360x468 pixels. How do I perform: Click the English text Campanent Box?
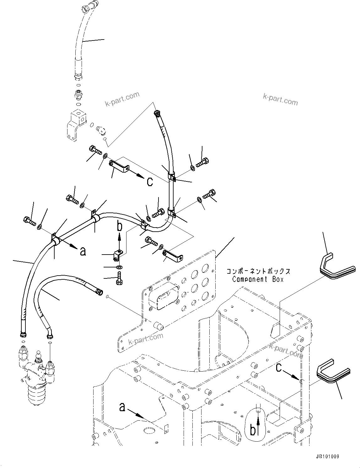[258, 279]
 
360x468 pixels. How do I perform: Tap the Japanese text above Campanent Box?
[258, 271]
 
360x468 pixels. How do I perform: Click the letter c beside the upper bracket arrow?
[150, 181]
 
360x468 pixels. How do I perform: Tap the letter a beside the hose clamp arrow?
[83, 251]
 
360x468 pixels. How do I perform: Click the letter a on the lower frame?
[122, 407]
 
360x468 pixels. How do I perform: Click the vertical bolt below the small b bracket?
[119, 279]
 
